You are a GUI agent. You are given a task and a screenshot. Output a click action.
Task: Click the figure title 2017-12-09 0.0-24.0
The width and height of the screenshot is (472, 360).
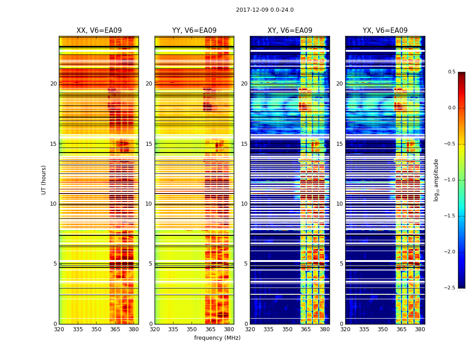[265, 10]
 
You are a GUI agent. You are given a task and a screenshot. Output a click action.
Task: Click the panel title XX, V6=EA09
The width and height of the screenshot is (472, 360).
[99, 31]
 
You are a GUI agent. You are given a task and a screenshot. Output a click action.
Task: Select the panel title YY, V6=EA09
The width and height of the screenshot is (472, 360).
[194, 31]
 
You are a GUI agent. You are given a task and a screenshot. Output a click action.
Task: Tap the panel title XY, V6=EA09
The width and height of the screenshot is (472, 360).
[290, 31]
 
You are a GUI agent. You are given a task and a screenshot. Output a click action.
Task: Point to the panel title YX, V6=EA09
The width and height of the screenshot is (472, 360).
[385, 31]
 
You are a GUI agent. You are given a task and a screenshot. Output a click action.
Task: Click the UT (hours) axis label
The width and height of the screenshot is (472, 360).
[44, 180]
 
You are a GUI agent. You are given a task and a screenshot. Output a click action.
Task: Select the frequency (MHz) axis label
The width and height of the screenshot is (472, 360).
[217, 338]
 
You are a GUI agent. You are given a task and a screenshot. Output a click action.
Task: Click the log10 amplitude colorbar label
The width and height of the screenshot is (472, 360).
[436, 180]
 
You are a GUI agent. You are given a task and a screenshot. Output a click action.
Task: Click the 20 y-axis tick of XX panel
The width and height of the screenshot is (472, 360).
[53, 84]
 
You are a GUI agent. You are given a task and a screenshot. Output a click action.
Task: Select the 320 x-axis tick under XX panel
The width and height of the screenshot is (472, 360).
[59, 329]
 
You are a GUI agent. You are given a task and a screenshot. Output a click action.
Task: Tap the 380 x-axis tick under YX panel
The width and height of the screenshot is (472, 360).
[420, 329]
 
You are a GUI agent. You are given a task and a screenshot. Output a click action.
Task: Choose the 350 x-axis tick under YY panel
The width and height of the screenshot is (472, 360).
[192, 329]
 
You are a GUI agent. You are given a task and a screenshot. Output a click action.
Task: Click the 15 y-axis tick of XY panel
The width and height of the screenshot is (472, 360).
[244, 144]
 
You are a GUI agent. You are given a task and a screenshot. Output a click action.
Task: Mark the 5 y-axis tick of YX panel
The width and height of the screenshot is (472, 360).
[341, 264]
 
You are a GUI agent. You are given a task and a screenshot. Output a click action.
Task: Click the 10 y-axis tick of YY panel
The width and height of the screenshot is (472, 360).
[149, 204]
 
